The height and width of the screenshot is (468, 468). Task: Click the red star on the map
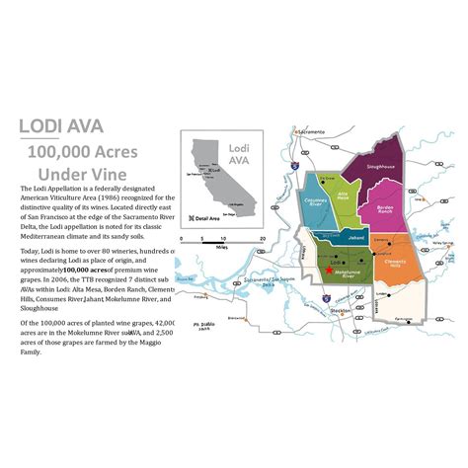(x=328, y=269)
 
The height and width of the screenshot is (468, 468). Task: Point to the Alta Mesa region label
(x=345, y=195)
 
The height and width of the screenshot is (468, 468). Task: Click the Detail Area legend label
(x=211, y=218)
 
